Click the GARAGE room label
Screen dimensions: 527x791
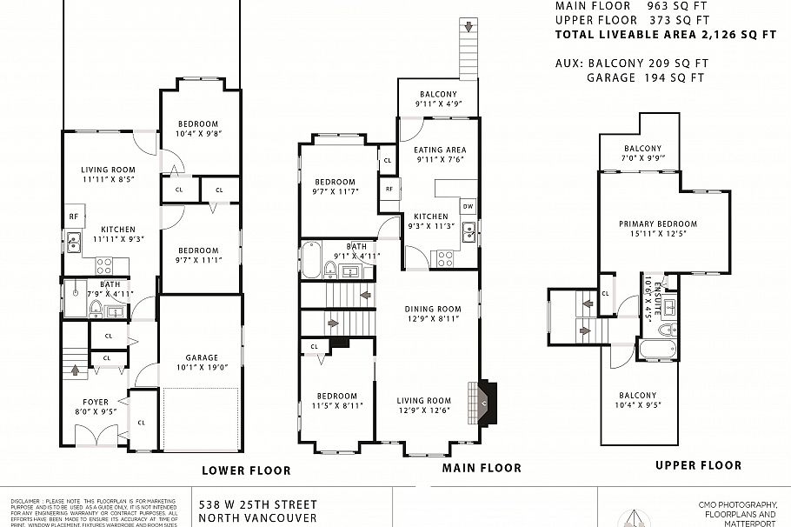coord(201,357)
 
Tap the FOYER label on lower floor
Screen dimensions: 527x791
coord(96,402)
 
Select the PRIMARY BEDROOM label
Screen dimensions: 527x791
coord(658,223)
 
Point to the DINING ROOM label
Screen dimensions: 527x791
coord(432,309)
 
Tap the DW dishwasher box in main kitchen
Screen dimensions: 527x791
coord(468,207)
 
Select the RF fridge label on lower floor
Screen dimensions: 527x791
coord(73,217)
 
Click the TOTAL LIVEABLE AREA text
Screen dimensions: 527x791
coord(665,35)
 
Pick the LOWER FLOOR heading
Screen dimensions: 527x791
coord(246,470)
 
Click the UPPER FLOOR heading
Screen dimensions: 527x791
coord(698,465)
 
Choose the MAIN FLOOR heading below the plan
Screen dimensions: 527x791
coord(482,468)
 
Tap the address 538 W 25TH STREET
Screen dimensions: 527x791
coord(257,504)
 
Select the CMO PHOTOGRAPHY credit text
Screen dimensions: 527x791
coord(737,504)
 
